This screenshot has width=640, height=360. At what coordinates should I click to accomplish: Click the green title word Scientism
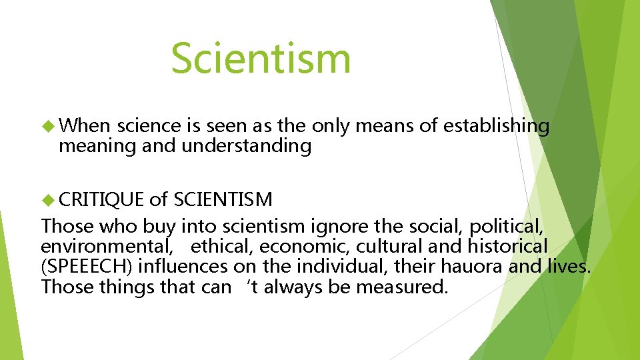coord(261,58)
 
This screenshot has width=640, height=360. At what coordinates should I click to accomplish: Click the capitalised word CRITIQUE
coord(101,199)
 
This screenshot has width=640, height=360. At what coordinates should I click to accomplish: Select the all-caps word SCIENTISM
coord(223,199)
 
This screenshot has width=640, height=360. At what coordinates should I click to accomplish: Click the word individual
coord(345,267)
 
